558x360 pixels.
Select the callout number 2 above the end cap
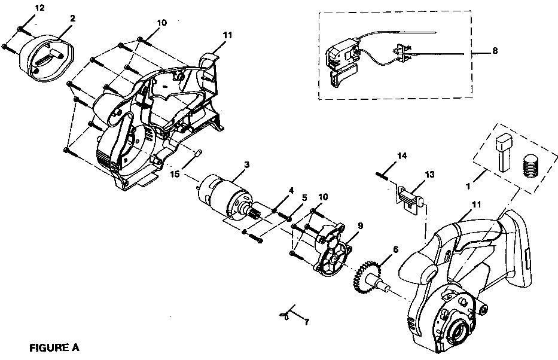click(72, 19)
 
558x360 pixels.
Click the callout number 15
click(175, 174)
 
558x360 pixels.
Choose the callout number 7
click(307, 324)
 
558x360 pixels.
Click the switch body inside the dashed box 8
click(344, 56)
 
